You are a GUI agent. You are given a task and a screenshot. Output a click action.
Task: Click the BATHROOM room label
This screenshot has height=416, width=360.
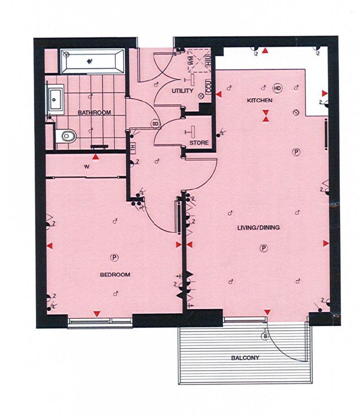(x=95, y=113)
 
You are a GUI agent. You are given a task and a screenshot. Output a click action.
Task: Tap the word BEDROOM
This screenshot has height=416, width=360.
(x=115, y=275)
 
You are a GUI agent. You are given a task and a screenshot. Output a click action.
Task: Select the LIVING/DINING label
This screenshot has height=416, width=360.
(x=259, y=227)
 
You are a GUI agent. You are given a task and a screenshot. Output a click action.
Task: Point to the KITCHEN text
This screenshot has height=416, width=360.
(x=259, y=100)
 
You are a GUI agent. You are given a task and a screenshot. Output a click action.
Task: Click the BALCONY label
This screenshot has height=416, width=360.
(x=245, y=357)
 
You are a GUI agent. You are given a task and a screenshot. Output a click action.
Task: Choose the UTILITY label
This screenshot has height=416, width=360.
(x=182, y=91)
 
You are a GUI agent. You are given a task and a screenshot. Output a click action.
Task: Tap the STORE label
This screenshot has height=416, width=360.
(x=199, y=143)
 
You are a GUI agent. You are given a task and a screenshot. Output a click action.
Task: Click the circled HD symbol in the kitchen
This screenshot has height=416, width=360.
(x=277, y=88)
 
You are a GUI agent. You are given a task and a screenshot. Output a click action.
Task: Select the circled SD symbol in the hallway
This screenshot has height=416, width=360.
(x=155, y=123)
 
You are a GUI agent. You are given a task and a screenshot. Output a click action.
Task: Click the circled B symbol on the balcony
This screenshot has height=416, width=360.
(x=265, y=336)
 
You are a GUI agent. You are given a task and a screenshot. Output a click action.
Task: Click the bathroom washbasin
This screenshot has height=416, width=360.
(x=56, y=100)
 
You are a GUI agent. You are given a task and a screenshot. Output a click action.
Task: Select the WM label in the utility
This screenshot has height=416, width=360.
(x=191, y=61)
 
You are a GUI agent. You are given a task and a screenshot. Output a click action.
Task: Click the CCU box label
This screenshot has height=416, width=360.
(x=208, y=87)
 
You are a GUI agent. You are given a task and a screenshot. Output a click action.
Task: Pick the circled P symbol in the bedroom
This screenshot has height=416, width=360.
(x=114, y=257)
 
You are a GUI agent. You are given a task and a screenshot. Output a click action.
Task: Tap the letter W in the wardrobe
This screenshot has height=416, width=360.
(x=86, y=167)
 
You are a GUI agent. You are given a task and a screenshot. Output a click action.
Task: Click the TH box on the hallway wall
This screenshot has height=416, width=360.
(x=133, y=147)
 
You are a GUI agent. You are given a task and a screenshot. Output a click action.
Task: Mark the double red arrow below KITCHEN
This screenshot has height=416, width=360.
(x=266, y=116)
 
